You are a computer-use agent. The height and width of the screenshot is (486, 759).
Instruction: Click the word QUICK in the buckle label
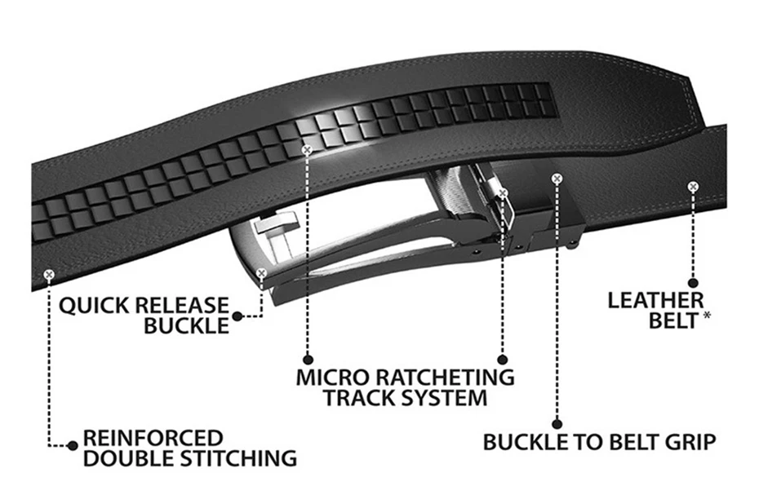(x=91, y=307)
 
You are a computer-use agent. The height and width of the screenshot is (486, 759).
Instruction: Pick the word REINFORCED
(x=153, y=438)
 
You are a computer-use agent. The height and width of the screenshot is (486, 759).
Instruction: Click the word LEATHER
(x=655, y=301)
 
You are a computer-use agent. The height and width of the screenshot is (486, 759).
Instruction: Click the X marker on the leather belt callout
(x=693, y=187)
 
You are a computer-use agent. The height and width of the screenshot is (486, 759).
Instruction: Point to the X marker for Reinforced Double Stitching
(x=49, y=275)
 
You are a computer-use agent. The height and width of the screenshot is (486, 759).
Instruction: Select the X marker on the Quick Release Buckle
(x=261, y=274)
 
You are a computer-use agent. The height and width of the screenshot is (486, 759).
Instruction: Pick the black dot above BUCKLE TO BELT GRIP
(x=557, y=422)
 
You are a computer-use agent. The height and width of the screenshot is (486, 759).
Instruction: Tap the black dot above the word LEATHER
(x=694, y=283)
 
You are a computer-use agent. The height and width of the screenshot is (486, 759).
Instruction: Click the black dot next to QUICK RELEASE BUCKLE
(x=237, y=316)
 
